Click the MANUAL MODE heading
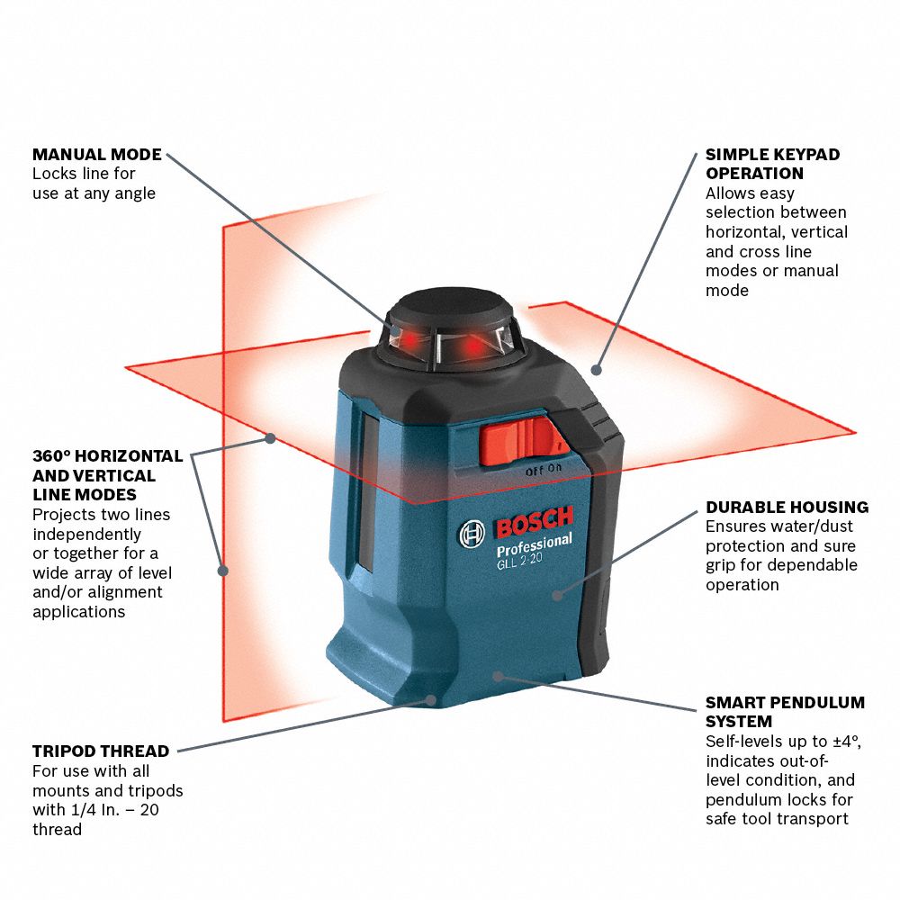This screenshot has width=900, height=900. click(97, 155)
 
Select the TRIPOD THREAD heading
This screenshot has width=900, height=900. click(101, 751)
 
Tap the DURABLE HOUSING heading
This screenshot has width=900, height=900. click(787, 507)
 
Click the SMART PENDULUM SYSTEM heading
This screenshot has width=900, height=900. click(785, 712)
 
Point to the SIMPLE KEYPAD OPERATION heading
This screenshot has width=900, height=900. click(772, 164)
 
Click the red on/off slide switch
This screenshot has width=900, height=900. click(522, 441)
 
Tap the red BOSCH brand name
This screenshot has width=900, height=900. click(535, 522)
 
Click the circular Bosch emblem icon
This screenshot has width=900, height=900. click(472, 535)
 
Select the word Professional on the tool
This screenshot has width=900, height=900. click(535, 546)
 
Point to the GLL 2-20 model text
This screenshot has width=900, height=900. click(519, 560)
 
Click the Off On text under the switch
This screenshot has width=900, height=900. click(544, 470)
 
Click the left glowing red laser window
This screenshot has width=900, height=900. click(409, 340)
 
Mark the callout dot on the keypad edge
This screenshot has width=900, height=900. click(597, 370)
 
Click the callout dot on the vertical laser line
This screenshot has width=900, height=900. click(223, 571)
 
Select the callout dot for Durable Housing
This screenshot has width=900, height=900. click(557, 595)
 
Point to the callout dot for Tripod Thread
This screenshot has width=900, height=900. click(431, 700)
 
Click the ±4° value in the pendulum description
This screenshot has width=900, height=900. click(847, 742)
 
